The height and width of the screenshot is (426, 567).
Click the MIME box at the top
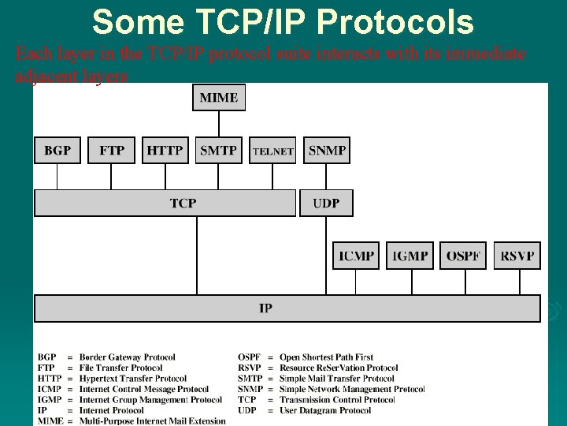coord(219,98)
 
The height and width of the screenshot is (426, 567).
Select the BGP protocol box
coord(57,150)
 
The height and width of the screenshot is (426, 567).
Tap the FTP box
coord(111,150)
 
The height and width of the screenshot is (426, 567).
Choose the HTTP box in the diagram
coord(165,150)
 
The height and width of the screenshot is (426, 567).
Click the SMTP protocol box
coord(218,150)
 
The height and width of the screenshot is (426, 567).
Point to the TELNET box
coord(272,151)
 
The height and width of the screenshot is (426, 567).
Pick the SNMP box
coord(327,150)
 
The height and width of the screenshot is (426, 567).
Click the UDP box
coord(326,204)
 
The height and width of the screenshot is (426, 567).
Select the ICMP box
coord(356,256)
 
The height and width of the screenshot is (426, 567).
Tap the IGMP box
coord(409,256)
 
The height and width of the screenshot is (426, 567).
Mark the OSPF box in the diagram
coord(463,256)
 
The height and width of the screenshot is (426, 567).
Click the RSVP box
coord(517,256)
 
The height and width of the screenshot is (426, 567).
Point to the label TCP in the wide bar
coord(183,204)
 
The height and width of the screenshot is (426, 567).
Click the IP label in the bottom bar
coord(266,308)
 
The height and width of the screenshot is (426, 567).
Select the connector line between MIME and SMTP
coord(219,124)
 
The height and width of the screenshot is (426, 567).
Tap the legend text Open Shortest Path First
coord(326,357)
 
